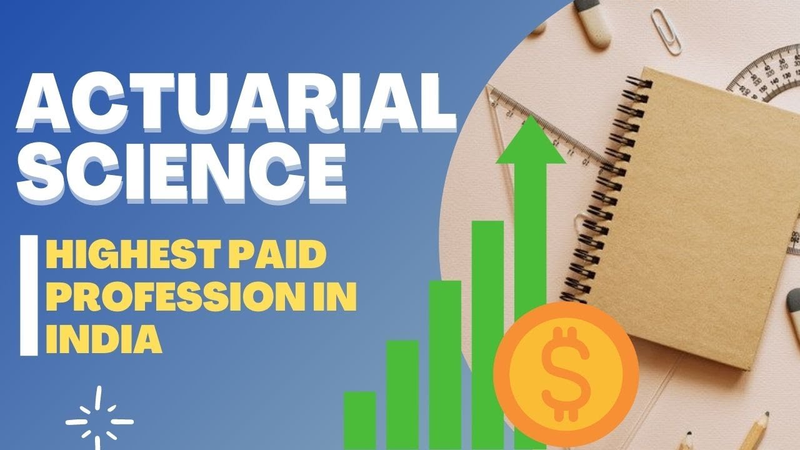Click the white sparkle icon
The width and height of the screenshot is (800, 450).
coord(99,415)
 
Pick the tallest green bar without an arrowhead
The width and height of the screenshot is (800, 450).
coord(487,334)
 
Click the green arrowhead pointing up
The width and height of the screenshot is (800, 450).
coord(531,141)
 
